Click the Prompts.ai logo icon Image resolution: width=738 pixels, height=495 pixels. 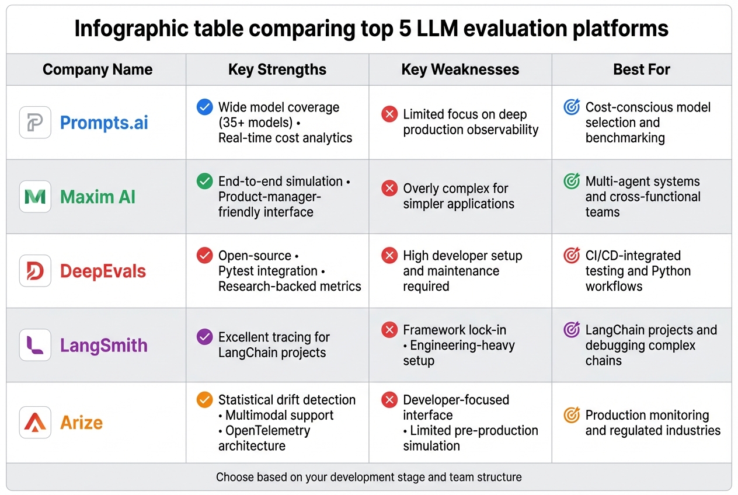click(x=35, y=123)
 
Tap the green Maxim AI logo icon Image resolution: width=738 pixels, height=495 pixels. click(x=35, y=197)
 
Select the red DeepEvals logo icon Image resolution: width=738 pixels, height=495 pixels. click(x=35, y=271)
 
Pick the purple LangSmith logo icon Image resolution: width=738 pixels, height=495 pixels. click(x=35, y=345)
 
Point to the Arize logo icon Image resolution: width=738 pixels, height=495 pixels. click(x=35, y=422)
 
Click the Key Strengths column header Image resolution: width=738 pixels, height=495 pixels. click(x=277, y=70)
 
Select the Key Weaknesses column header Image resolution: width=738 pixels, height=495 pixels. click(x=460, y=70)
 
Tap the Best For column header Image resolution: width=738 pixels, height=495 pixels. click(x=641, y=70)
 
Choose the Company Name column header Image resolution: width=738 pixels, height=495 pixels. click(x=97, y=70)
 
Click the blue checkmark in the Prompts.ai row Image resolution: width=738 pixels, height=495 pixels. click(x=204, y=107)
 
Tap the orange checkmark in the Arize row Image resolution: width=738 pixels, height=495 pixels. click(x=204, y=400)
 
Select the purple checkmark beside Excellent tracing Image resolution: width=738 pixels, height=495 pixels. click(x=204, y=337)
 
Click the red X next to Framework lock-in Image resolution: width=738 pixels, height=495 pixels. click(x=389, y=330)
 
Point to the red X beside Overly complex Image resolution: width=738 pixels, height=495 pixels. click(x=389, y=189)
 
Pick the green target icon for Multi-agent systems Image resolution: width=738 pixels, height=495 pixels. click(x=572, y=181)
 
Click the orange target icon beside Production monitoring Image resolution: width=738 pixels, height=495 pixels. click(x=572, y=415)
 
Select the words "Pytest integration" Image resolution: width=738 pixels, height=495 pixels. click(x=267, y=271)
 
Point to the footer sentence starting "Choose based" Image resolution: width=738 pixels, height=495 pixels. click(x=368, y=477)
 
